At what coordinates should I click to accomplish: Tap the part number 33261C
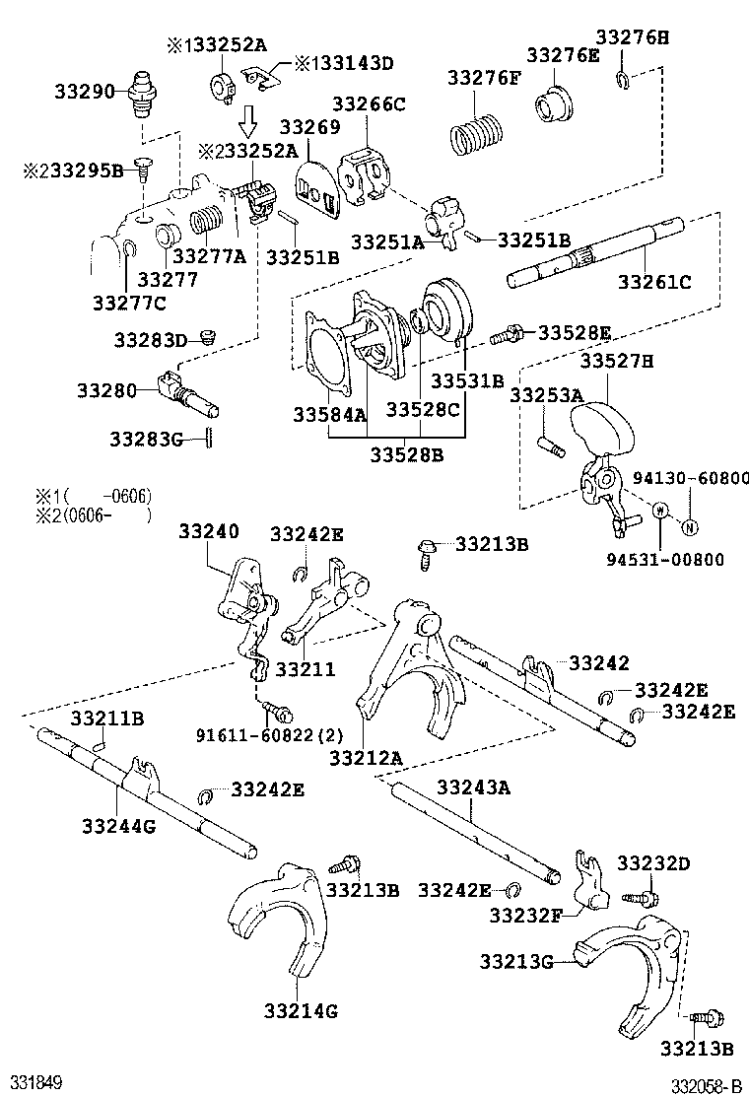[654, 282]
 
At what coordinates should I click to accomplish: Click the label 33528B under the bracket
[407, 454]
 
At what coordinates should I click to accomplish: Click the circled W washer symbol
[660, 510]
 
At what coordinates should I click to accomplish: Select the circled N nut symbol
[692, 524]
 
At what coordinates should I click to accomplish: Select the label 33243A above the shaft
[473, 787]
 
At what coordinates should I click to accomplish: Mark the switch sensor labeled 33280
[187, 394]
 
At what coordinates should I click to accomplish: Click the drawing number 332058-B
[706, 1086]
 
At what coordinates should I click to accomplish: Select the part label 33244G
[118, 826]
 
